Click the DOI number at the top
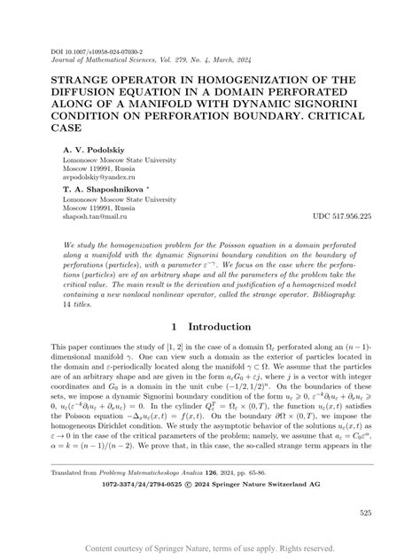(x=98, y=51)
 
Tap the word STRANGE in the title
(x=86, y=82)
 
